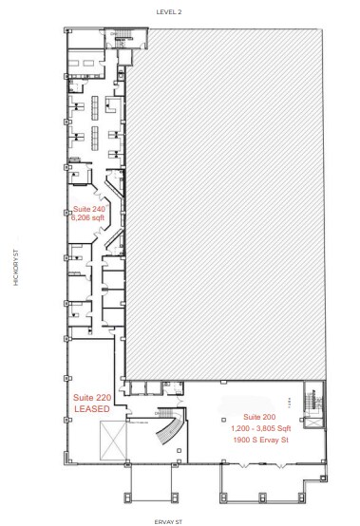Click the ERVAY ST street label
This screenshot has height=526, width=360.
(x=180, y=520)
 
